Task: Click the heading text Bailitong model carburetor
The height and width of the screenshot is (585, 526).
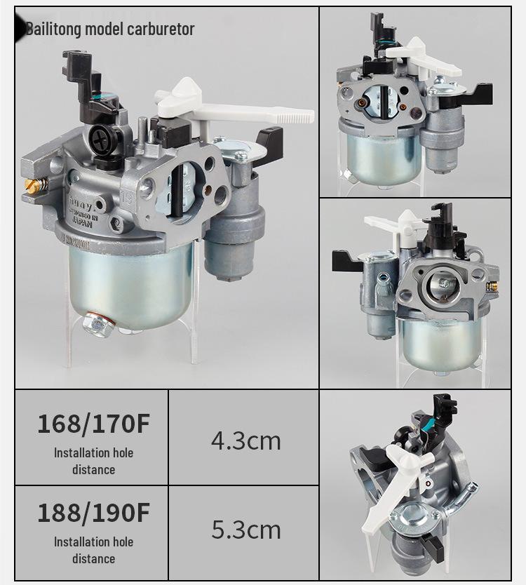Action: pyautogui.click(x=110, y=29)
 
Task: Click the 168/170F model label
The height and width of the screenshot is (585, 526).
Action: pyautogui.click(x=93, y=424)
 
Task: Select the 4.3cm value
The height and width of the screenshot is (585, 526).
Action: pyautogui.click(x=245, y=441)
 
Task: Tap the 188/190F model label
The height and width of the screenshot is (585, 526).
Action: pyautogui.click(x=93, y=513)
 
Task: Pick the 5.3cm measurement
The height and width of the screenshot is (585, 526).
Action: pyautogui.click(x=245, y=530)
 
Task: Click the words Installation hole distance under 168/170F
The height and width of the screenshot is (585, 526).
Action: pyautogui.click(x=93, y=461)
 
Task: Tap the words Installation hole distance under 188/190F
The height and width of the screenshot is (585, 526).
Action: pyautogui.click(x=93, y=550)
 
